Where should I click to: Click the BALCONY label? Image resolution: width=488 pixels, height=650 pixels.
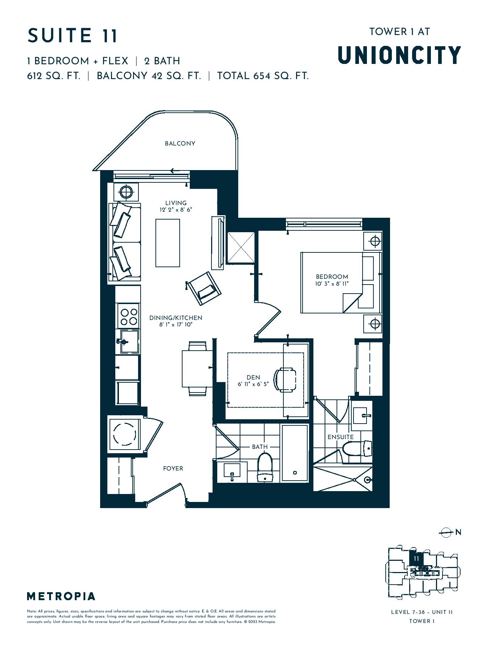tap(180, 143)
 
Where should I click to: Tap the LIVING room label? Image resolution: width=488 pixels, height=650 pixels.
tap(176, 203)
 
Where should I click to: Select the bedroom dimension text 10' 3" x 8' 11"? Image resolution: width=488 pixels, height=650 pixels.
tap(331, 284)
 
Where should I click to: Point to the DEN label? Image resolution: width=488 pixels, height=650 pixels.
tap(253, 377)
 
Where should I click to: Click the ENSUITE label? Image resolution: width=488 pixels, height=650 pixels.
tap(341, 437)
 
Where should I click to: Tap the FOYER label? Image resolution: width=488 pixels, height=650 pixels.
tap(173, 468)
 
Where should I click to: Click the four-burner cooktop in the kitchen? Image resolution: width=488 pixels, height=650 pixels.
tap(128, 316)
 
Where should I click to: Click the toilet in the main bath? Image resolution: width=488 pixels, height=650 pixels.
tap(265, 468)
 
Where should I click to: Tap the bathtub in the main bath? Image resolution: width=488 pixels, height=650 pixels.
tap(295, 453)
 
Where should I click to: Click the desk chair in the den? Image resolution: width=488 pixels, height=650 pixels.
tap(284, 380)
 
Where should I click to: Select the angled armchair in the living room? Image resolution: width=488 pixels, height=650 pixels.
tap(204, 288)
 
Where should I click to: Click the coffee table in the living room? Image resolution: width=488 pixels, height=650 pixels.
tap(168, 243)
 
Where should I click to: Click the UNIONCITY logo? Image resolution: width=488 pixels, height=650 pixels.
tap(399, 55)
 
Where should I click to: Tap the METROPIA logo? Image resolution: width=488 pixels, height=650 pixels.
tap(61, 596)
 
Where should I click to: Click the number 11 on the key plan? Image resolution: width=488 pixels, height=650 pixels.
tap(416, 559)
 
